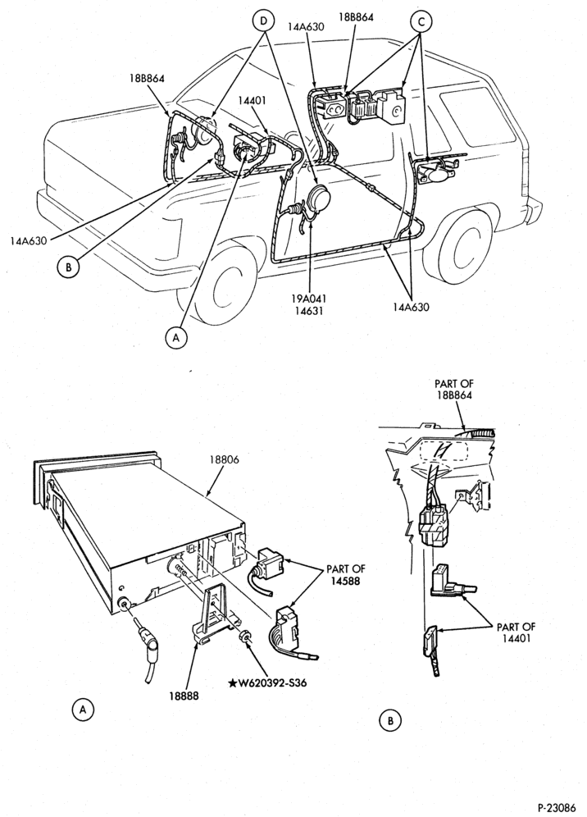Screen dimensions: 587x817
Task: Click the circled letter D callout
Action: point(263,21)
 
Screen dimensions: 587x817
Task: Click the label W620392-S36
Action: point(266,682)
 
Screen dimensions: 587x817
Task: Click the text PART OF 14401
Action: point(516,632)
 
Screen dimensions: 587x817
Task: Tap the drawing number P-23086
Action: point(557,807)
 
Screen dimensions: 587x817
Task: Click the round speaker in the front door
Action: point(316,199)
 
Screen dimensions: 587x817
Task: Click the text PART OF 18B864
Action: point(453,390)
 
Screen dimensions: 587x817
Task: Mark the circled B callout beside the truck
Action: point(68,267)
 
